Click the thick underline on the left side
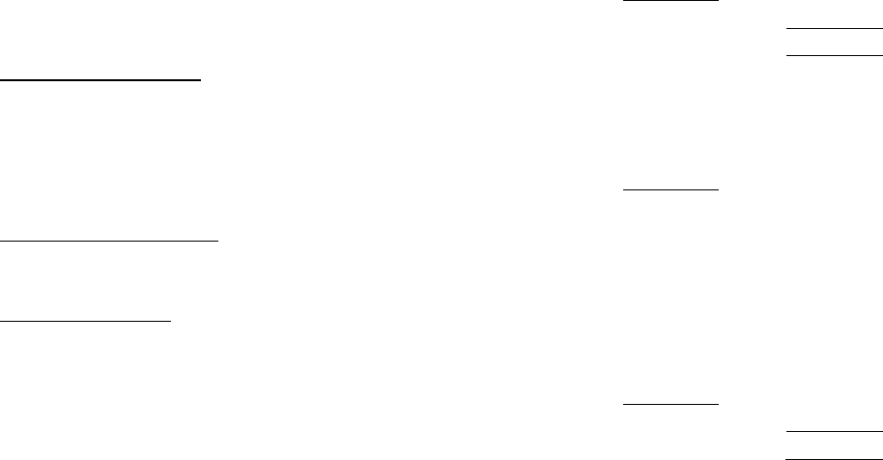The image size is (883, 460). point(100,80)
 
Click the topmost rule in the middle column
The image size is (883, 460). point(670,1)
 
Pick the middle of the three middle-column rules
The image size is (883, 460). point(670,190)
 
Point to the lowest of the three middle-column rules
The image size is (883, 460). point(670,403)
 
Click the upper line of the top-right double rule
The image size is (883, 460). point(835,29)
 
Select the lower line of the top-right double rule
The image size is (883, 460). point(835,56)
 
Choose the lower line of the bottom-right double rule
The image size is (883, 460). point(835,456)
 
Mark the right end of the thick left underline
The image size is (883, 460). point(200,80)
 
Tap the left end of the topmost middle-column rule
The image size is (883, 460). point(624,1)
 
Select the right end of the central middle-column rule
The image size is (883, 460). point(718,190)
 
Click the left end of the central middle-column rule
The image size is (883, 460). point(624,190)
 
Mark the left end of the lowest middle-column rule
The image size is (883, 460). point(624,403)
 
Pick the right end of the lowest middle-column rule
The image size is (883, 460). point(718,403)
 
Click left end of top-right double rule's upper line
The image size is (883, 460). point(788,29)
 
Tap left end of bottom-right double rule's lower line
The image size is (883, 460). point(788,456)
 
